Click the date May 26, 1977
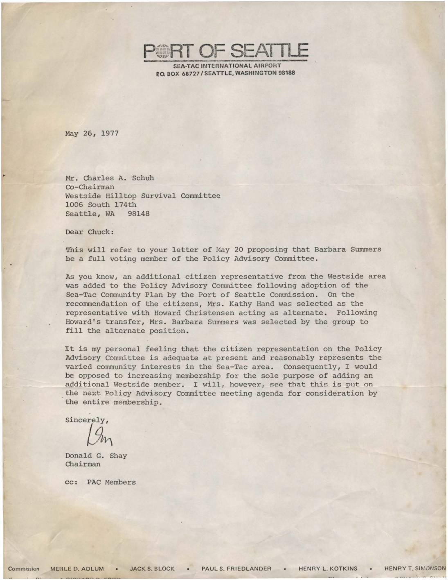(92, 134)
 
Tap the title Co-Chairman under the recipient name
(90, 187)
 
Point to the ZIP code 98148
(138, 214)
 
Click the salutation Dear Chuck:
(89, 232)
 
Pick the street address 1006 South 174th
(101, 205)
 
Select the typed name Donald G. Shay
(96, 455)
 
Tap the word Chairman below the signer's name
(83, 464)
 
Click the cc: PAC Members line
(100, 483)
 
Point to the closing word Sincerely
(86, 420)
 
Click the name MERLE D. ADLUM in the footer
(77, 569)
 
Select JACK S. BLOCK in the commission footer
(152, 569)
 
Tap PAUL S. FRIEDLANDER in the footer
(236, 569)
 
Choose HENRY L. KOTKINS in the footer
(328, 569)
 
